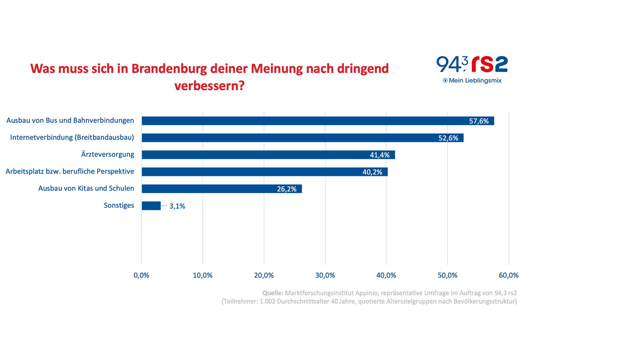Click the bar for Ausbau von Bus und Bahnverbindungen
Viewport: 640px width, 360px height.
(304, 121)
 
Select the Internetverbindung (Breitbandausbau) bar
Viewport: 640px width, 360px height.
(288, 138)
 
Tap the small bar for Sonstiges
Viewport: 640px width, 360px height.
(151, 206)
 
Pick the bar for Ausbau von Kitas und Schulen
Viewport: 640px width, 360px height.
(208, 189)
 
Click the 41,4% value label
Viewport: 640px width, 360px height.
(380, 155)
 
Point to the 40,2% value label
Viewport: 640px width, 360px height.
(372, 172)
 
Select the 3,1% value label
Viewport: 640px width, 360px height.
(177, 206)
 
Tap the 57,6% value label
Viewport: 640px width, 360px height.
(479, 121)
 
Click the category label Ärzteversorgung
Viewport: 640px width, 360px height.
(108, 154)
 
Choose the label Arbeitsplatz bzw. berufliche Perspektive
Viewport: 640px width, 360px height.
(70, 172)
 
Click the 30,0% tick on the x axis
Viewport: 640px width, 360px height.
(325, 275)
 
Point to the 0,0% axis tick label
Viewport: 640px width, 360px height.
(141, 275)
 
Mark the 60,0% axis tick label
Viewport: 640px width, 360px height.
(508, 275)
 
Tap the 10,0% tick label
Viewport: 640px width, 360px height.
(203, 275)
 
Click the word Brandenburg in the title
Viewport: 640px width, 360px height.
(169, 69)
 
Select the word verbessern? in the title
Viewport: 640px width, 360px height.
(209, 86)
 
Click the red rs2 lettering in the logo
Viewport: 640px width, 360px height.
(489, 64)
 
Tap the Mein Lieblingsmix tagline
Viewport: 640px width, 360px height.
(475, 80)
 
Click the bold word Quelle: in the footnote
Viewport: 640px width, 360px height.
(273, 293)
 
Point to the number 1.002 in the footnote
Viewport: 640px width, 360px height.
(267, 301)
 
